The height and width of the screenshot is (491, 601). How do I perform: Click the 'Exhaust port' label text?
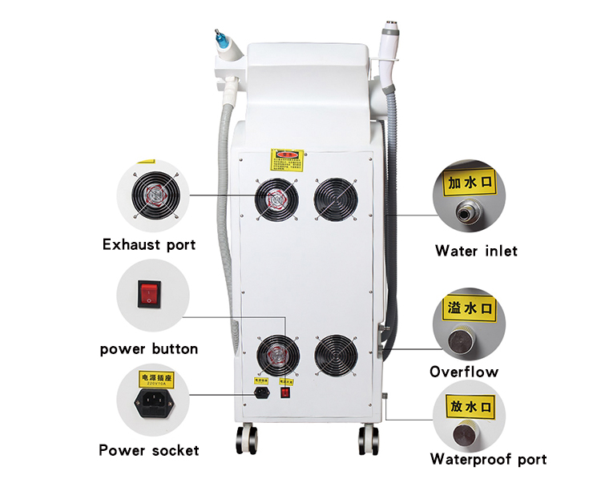point(149,244)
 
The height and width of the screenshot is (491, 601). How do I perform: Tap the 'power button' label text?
point(149,348)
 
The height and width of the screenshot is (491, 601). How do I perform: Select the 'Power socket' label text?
point(149,450)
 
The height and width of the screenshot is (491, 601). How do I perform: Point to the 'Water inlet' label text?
point(476,251)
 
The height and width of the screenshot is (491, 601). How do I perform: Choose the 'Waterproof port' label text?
point(488,459)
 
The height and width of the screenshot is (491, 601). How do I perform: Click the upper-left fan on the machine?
point(277,198)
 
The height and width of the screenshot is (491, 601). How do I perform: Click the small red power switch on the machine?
point(284,392)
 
